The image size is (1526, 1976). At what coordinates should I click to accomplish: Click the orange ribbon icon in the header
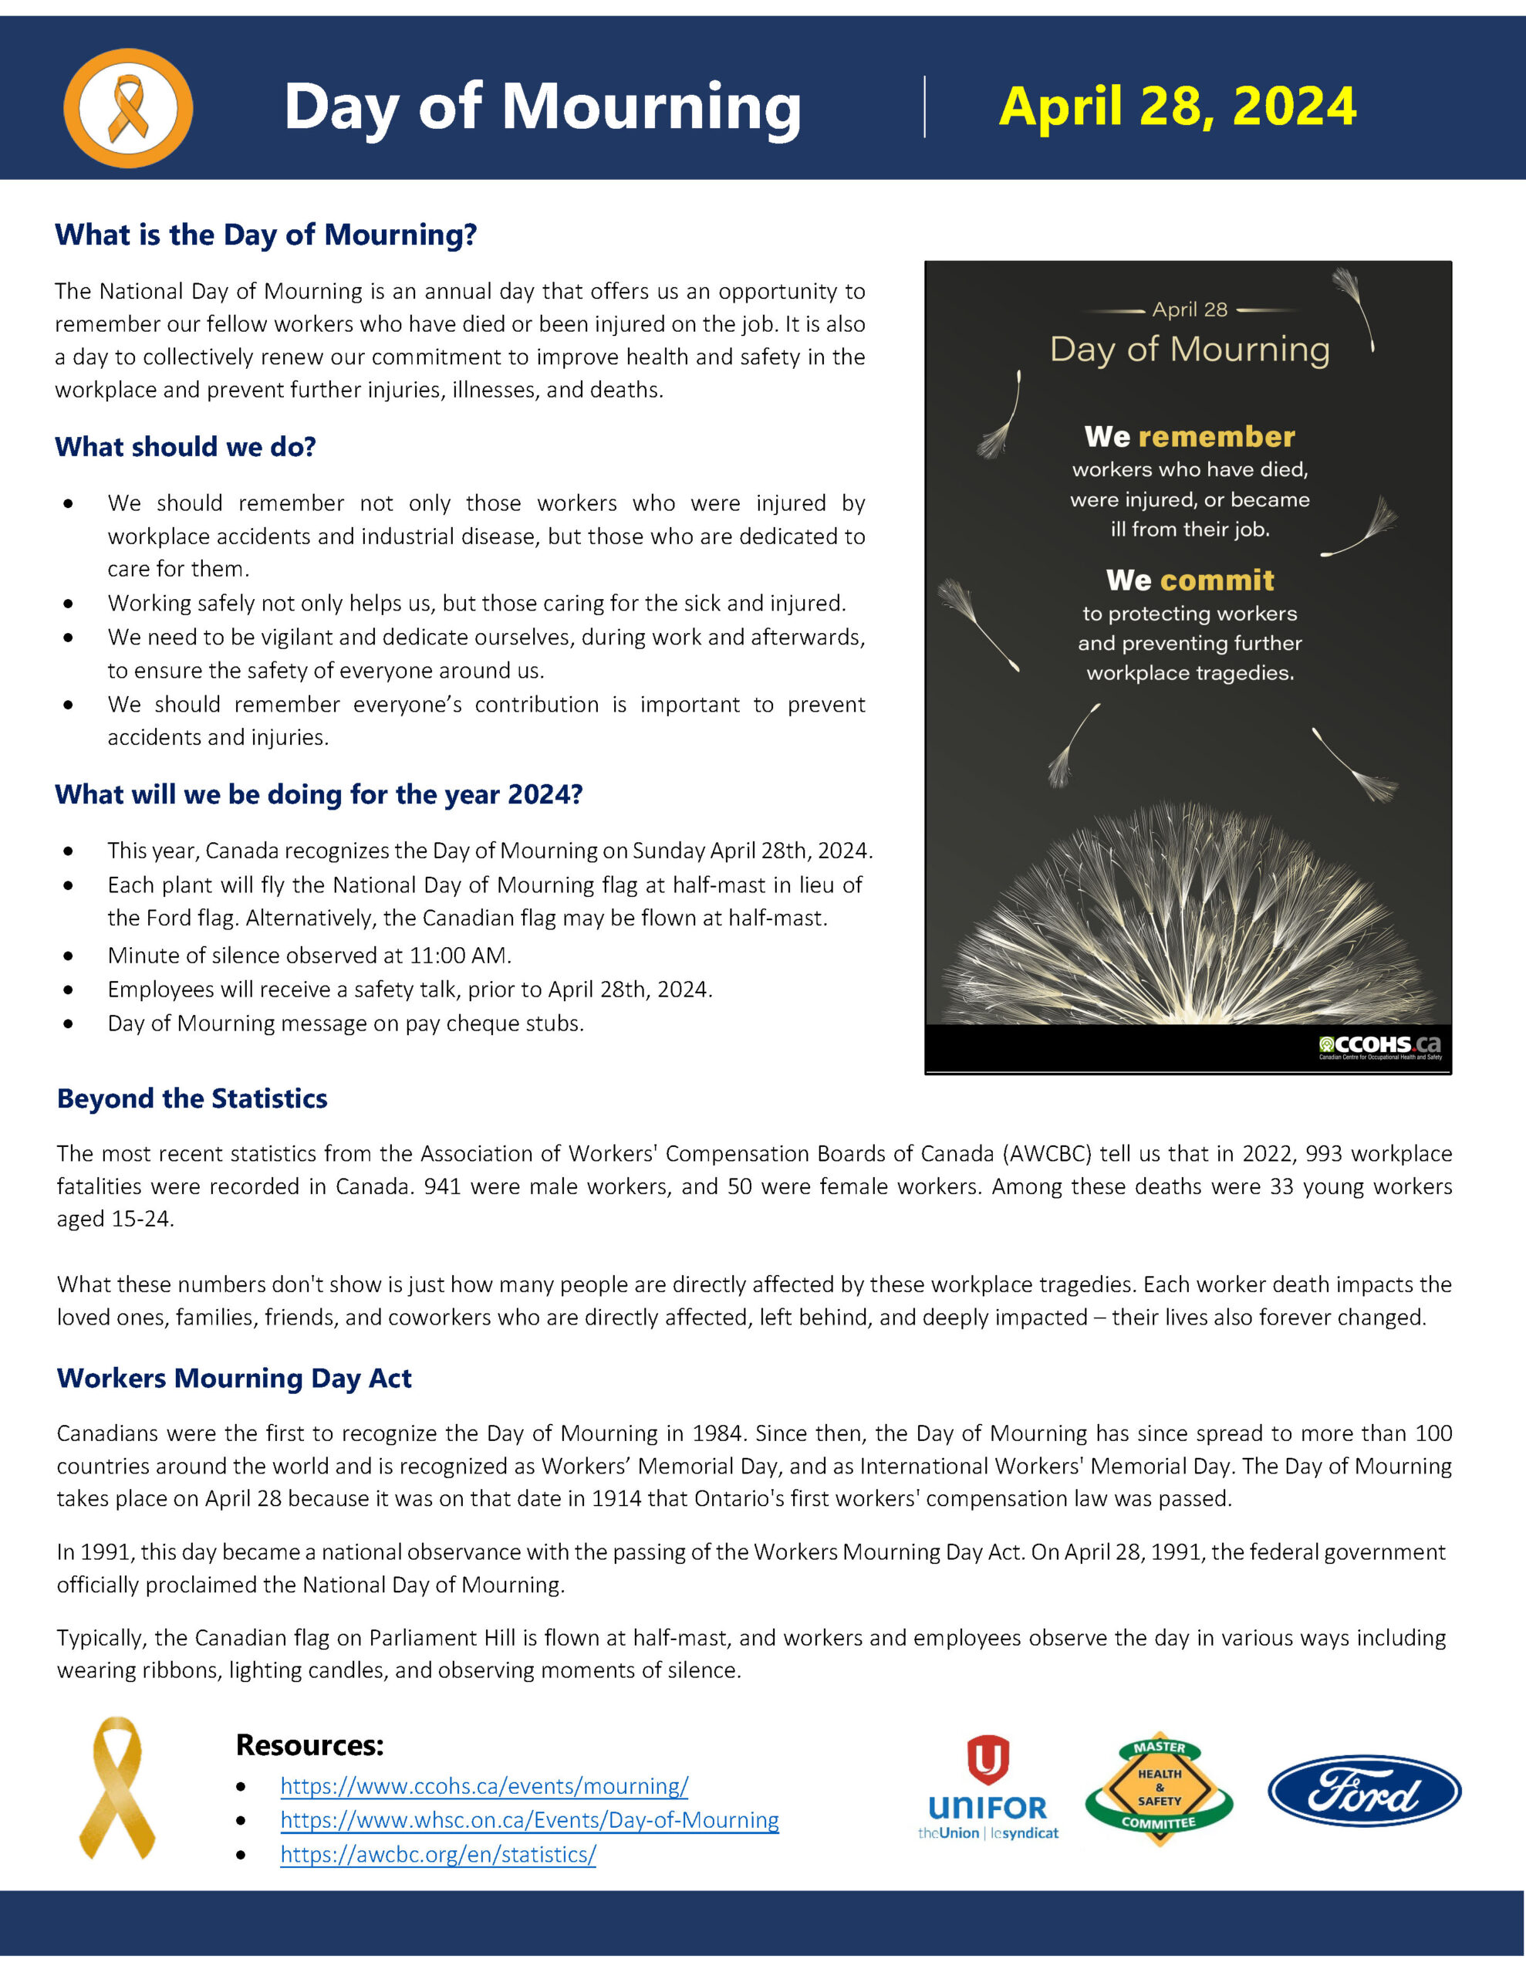[x=127, y=107]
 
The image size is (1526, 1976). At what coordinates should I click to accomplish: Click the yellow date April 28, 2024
[x=1177, y=107]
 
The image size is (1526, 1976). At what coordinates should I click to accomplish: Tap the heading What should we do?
[x=185, y=447]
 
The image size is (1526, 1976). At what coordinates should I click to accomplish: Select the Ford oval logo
[x=1364, y=1791]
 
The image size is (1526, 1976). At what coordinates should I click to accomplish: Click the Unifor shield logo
[x=988, y=1760]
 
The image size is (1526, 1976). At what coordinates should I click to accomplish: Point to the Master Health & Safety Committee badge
[x=1160, y=1791]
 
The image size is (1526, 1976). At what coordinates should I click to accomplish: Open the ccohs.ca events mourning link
[x=484, y=1786]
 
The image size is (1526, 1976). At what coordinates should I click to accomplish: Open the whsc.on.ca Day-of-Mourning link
[x=529, y=1820]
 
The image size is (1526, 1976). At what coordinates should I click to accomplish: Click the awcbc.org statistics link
[x=437, y=1855]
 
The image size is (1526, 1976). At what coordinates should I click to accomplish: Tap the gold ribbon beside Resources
[x=117, y=1788]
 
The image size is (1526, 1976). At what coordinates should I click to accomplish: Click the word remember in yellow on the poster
[x=1217, y=437]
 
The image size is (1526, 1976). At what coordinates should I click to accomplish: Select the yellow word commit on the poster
[x=1217, y=580]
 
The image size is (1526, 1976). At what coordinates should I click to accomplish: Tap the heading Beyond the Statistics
[x=192, y=1098]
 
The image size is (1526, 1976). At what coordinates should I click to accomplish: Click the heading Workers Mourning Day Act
[x=235, y=1378]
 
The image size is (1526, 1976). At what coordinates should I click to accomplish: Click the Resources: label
[x=309, y=1744]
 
